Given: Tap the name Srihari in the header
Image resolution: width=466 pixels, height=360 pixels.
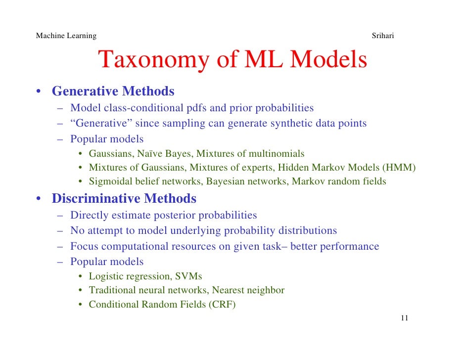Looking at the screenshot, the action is tap(382, 36).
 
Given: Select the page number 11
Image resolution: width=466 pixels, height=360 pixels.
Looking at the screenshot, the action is tap(404, 318).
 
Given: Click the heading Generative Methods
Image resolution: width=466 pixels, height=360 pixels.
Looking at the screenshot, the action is tap(113, 91).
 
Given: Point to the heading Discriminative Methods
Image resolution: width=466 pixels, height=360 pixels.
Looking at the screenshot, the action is tap(124, 199).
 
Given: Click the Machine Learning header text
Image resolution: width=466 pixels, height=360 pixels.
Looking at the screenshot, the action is tap(66, 36).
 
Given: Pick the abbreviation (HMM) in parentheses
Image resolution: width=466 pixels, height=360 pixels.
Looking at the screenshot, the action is tap(399, 167).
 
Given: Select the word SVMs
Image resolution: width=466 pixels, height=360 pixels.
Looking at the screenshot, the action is tap(188, 276).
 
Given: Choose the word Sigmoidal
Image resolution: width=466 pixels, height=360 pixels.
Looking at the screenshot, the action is tap(110, 181).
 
